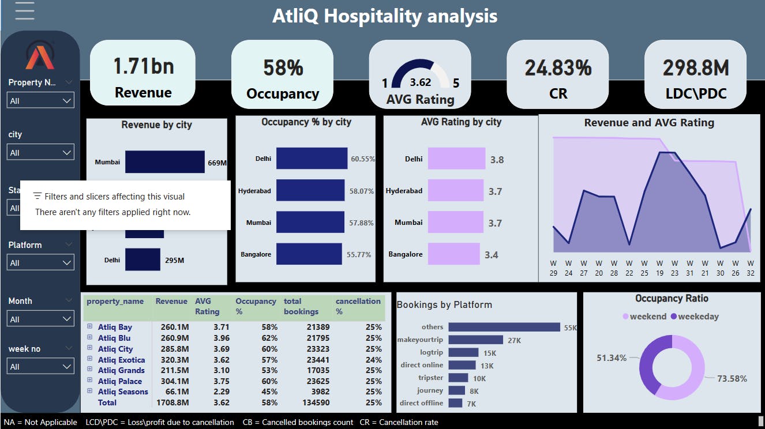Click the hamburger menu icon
click(x=24, y=10)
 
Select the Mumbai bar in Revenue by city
click(x=164, y=162)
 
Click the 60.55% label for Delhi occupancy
click(x=363, y=159)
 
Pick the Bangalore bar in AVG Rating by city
click(x=453, y=254)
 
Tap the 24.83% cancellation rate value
click(x=558, y=68)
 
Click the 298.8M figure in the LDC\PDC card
click(x=695, y=68)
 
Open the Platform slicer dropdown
click(x=40, y=263)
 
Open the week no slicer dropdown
click(x=40, y=367)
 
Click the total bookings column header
click(x=301, y=306)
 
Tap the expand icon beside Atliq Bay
click(x=90, y=327)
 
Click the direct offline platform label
click(x=421, y=403)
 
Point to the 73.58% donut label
click(x=732, y=379)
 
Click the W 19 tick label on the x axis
click(x=659, y=268)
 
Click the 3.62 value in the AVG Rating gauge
click(x=420, y=82)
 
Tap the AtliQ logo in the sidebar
click(x=40, y=58)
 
